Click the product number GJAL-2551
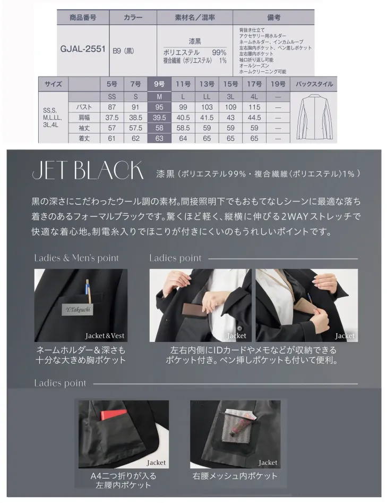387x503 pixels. pos(83,49)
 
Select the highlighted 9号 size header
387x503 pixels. pos(159,84)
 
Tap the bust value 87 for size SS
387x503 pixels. pos(112,107)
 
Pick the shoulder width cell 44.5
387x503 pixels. pos(254,118)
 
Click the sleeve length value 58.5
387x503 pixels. pos(183,128)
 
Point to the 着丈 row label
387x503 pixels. pos(84,139)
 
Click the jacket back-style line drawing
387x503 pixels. pos(314,117)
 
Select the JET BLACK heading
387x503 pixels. pos(88,170)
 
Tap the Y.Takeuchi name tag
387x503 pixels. pos(78,309)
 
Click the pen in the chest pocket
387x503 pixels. pos(88,290)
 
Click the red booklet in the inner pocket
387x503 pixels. pos(114,415)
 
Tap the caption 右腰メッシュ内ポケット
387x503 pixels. pos(235,476)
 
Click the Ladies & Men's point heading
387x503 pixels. pos(76,258)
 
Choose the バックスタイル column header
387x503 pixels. pos(314,84)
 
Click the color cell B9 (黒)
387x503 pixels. pos(123,51)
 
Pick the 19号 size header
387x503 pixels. pos(278,84)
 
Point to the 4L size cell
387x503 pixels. pos(254,97)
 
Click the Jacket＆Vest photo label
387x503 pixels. pos(105,336)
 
